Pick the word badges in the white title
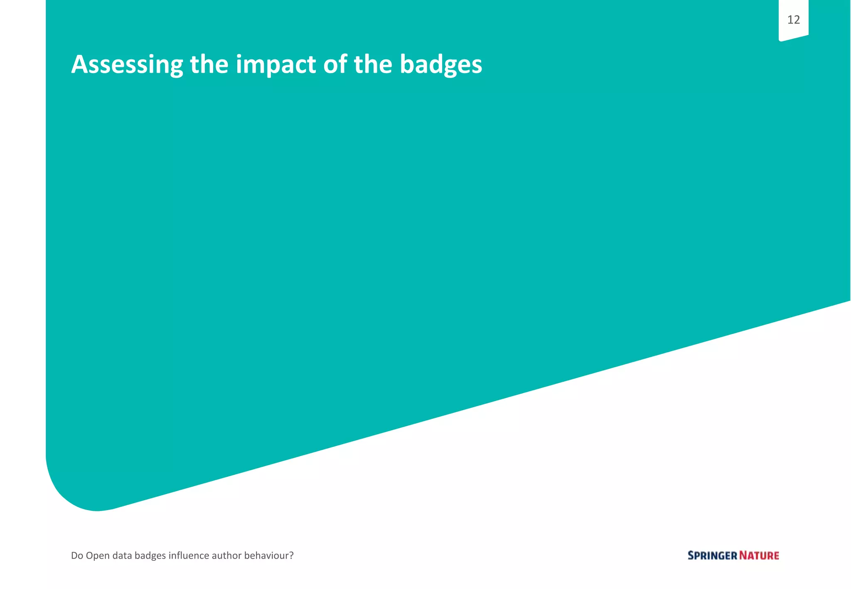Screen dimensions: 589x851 tap(441, 66)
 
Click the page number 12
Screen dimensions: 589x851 tap(793, 20)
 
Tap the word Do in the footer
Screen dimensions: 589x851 tap(77, 555)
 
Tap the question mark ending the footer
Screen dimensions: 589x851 tap(291, 555)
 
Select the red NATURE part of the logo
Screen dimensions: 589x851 tap(759, 556)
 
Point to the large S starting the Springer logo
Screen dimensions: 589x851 tap(691, 556)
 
